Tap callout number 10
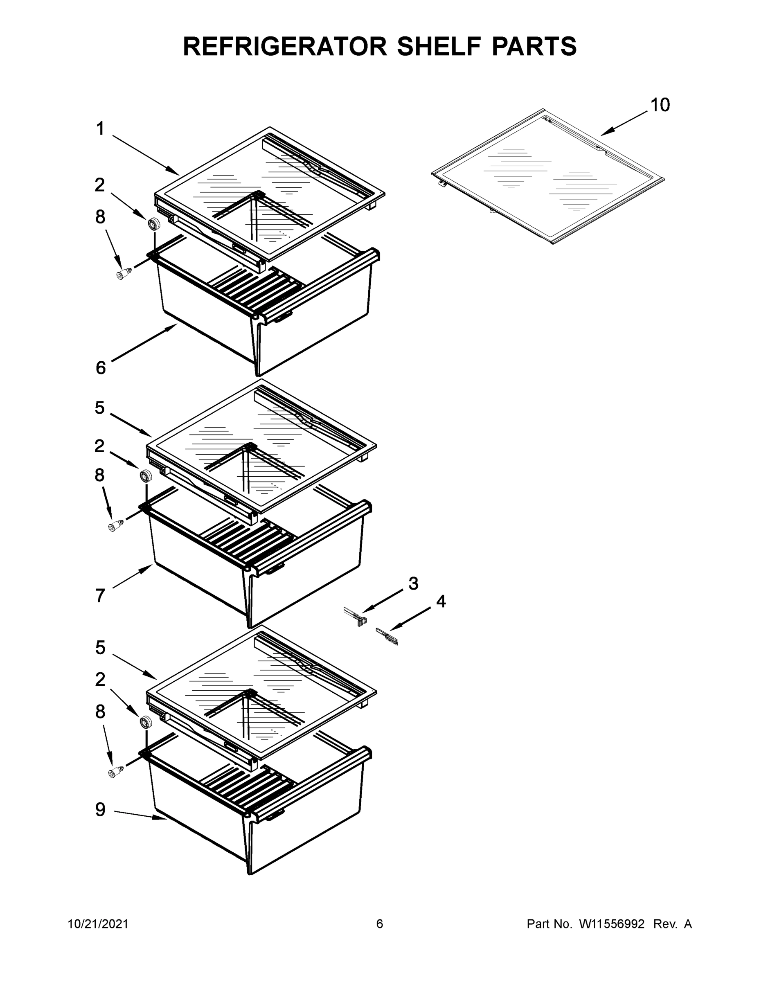[x=660, y=105]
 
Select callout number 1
[x=100, y=129]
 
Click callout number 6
[x=101, y=368]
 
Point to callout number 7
[x=100, y=596]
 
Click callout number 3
[x=413, y=583]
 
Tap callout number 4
[x=441, y=601]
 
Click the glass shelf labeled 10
[x=546, y=178]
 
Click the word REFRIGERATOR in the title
[x=285, y=46]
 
